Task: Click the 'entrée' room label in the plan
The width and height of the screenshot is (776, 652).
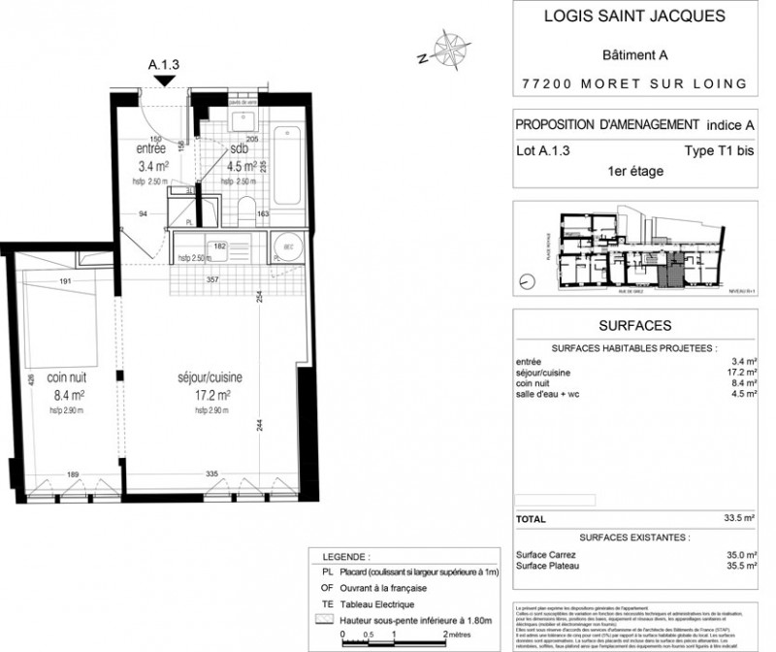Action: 150,148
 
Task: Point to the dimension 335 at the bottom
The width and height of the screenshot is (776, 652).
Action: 210,475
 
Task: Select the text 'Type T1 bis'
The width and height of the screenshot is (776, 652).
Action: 711,150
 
